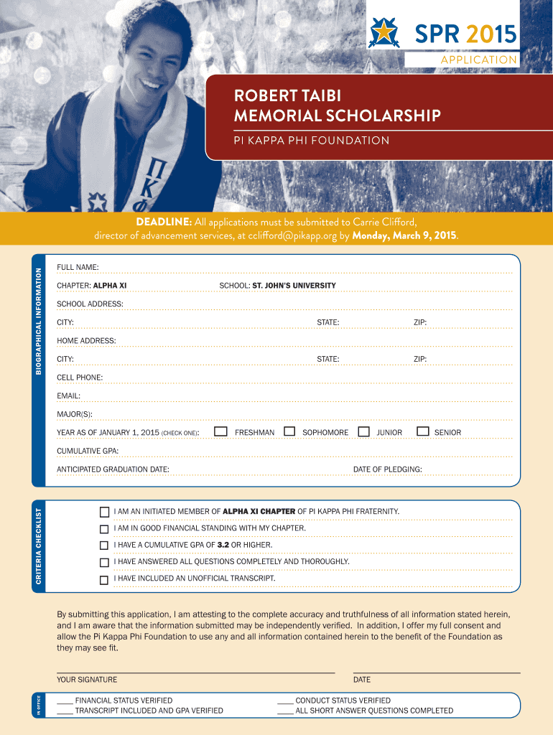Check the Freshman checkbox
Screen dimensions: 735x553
(x=221, y=431)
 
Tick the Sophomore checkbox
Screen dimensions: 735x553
(x=289, y=431)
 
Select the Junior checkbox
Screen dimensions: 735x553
(x=364, y=431)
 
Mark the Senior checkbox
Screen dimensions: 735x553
(x=422, y=431)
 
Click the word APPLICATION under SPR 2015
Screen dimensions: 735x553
(x=479, y=60)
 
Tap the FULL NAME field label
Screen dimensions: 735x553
(x=78, y=267)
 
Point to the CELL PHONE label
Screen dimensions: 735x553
(x=80, y=377)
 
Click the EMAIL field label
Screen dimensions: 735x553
(x=68, y=395)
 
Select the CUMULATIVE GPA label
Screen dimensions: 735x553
(x=88, y=451)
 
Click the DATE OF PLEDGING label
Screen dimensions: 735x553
(x=387, y=469)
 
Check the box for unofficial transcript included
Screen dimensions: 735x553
(x=105, y=579)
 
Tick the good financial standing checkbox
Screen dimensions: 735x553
(x=105, y=529)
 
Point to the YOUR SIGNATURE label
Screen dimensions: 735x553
(x=87, y=679)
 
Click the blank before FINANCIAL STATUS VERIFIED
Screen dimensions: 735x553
(x=65, y=701)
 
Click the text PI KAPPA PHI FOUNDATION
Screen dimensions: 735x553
(x=312, y=140)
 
